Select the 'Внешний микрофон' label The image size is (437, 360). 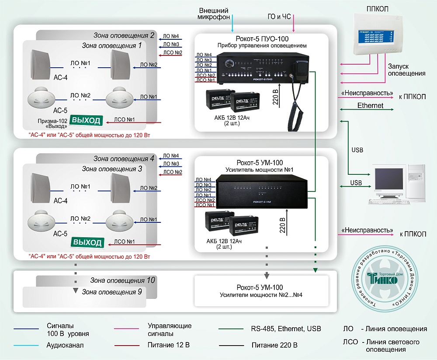coord(214,14)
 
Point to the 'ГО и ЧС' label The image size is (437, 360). coord(279,17)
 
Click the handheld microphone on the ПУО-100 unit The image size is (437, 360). coord(301,69)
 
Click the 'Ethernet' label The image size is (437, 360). coord(370,106)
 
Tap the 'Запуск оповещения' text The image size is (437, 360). coord(406,70)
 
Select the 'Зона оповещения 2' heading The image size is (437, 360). coord(124,35)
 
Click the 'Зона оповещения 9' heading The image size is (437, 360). coord(112,292)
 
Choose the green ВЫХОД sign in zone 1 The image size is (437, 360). coord(87,120)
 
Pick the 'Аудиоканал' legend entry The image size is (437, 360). coord(65,345)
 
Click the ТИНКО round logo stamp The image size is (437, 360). coord(385,277)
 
